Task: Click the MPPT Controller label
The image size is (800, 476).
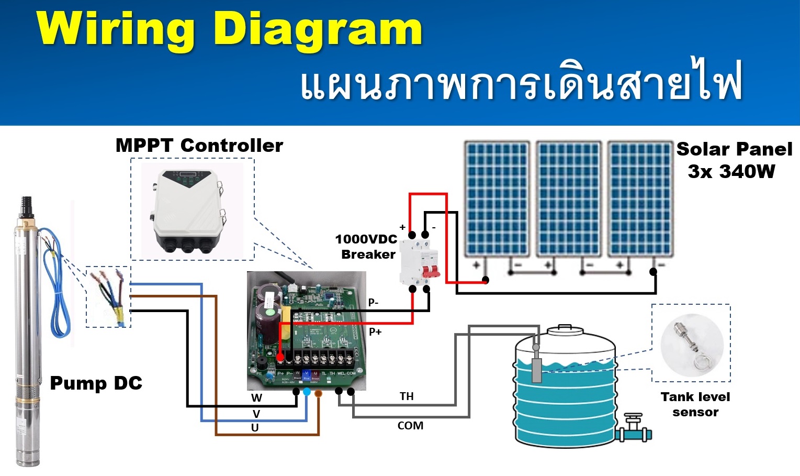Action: [x=199, y=145]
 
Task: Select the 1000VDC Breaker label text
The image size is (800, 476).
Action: [x=367, y=247]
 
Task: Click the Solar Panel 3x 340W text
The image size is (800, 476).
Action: [x=734, y=160]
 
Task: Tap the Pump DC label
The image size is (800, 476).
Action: [x=96, y=383]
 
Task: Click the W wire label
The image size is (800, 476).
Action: [x=256, y=398]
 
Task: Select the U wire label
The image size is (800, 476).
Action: [x=255, y=427]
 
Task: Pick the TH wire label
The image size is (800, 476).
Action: [x=407, y=396]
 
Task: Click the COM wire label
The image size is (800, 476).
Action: [x=410, y=426]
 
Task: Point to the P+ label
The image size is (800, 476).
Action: [x=375, y=331]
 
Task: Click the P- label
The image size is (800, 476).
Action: [x=373, y=302]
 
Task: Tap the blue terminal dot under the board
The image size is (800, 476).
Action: [x=307, y=392]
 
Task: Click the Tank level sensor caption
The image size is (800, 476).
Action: [x=695, y=404]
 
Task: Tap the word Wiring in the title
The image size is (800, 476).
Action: [x=115, y=29]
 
